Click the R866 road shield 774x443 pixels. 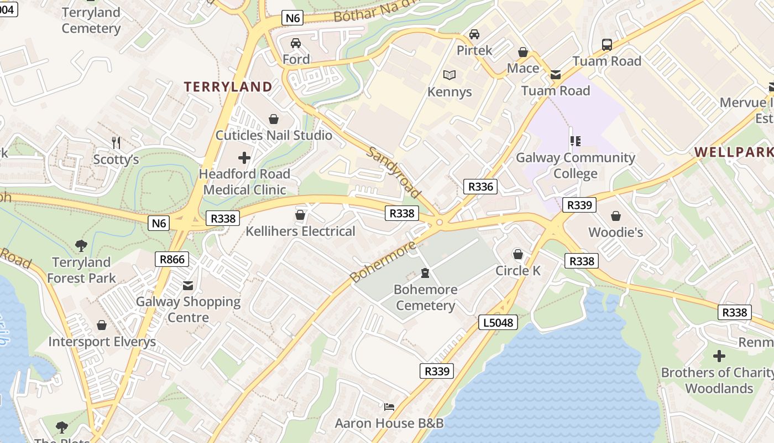[x=172, y=259]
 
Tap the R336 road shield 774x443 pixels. [x=480, y=187]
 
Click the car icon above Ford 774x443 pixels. [x=296, y=43]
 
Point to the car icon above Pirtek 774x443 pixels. [x=474, y=34]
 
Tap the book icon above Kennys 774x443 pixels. [x=449, y=75]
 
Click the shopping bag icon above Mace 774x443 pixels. [x=522, y=52]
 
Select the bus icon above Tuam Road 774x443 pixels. [x=606, y=45]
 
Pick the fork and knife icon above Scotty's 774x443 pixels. [x=116, y=143]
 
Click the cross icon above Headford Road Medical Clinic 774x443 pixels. [x=244, y=158]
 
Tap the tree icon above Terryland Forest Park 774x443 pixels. [x=81, y=246]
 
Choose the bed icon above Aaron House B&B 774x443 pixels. [x=389, y=407]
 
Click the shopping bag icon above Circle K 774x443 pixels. [x=518, y=254]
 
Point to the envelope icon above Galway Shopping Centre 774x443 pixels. [x=188, y=286]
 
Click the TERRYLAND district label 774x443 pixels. [x=228, y=87]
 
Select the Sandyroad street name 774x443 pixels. [x=394, y=172]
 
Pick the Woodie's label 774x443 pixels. [x=615, y=232]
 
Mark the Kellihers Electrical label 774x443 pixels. [x=300, y=231]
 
